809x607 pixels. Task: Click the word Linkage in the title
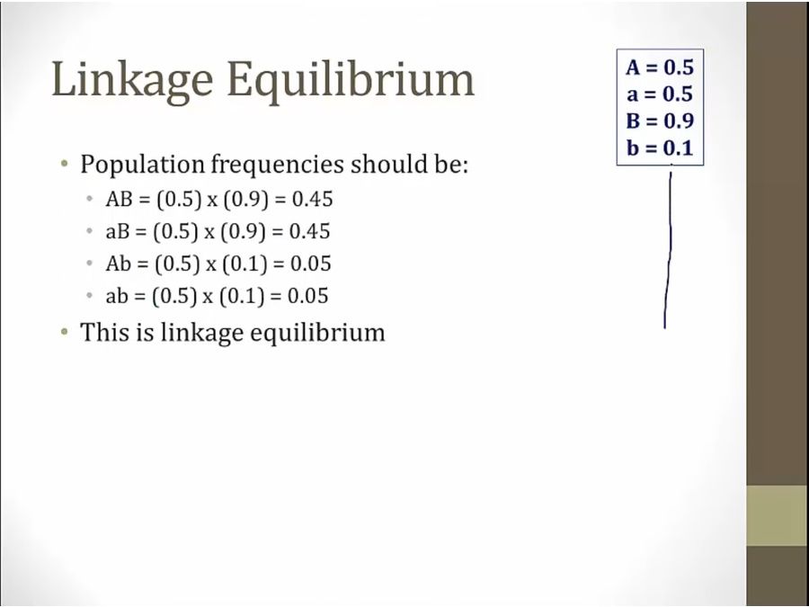tap(132, 80)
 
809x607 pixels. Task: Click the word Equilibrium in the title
tap(351, 80)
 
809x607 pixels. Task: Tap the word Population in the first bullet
tap(142, 165)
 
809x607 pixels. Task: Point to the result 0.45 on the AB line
tap(313, 200)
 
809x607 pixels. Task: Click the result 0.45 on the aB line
tap(309, 231)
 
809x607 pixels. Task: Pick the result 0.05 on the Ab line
tap(311, 263)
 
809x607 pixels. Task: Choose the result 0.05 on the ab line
tap(308, 296)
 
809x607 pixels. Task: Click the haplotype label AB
tap(119, 200)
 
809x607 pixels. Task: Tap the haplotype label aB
tap(117, 231)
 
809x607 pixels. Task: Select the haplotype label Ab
tap(118, 263)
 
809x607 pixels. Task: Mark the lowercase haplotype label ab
tap(117, 296)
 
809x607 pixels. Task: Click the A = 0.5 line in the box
tap(660, 67)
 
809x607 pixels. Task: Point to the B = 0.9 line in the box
tap(660, 121)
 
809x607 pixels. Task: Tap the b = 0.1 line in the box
tap(660, 147)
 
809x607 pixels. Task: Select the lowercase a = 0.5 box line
tap(660, 94)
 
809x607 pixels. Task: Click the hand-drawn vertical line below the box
tap(669, 248)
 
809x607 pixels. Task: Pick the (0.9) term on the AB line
tap(246, 200)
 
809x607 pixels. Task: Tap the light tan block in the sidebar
tap(778, 515)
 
